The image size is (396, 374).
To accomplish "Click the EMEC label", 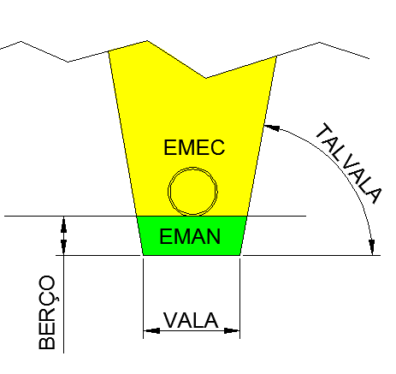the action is click(194, 147).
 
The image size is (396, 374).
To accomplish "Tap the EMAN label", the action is click(190, 236).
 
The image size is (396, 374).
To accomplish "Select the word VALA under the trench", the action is click(191, 320).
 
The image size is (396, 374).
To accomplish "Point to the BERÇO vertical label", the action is click(47, 312).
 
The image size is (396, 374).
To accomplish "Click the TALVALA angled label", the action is click(348, 163).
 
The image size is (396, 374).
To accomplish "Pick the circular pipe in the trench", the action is click(192, 191).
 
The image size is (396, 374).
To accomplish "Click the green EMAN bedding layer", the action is click(192, 235).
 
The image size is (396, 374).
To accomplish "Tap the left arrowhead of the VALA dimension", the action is click(151, 331).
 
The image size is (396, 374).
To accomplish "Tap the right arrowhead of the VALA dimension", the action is click(232, 331).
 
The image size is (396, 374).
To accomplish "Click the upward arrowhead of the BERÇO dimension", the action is click(63, 224).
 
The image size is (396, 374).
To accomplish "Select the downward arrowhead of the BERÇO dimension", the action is click(63, 247).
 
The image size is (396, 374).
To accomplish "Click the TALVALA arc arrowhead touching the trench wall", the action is click(271, 127).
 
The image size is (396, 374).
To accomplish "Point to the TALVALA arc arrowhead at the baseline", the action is click(371, 247).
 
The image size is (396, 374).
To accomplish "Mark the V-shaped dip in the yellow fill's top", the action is click(206, 78).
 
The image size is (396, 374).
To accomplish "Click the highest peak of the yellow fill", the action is click(147, 41).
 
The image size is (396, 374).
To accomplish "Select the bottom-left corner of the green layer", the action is click(143, 255).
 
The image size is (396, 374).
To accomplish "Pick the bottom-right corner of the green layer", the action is click(240, 255).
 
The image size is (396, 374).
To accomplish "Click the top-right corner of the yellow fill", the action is click(276, 56).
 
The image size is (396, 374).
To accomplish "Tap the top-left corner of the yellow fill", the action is click(109, 51).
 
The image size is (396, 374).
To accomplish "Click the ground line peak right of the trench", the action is click(319, 42).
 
